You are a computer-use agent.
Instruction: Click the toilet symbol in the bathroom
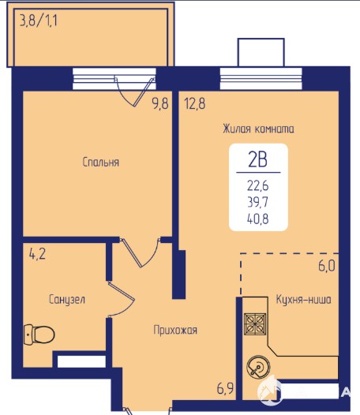tap(39, 335)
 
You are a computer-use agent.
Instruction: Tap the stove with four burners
tap(255, 324)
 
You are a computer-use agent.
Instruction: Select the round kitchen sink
tap(258, 367)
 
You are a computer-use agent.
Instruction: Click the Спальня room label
tap(101, 162)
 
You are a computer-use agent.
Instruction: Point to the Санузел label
tap(67, 299)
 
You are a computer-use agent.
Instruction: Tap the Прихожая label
tap(175, 330)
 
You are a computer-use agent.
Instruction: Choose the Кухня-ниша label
tap(303, 300)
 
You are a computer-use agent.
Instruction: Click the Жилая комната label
tap(258, 129)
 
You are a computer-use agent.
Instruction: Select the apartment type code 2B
tap(257, 160)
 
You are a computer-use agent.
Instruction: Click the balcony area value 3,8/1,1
tap(39, 21)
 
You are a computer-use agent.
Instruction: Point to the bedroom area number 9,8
tap(160, 103)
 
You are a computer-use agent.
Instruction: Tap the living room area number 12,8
tap(195, 103)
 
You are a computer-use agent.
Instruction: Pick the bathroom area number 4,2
tap(37, 254)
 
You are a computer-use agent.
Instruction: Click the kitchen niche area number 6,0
tap(327, 266)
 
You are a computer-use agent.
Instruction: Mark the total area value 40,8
tap(257, 219)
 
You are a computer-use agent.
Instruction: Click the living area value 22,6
tap(257, 185)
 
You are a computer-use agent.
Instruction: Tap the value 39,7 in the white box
tap(257, 202)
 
